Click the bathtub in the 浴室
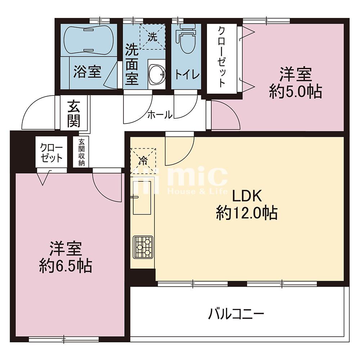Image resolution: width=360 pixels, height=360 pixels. [89, 40]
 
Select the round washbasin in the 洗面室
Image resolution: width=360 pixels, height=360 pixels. [157, 74]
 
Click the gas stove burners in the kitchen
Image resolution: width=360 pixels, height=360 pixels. [143, 247]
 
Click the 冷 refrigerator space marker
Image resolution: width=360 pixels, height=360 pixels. [143, 161]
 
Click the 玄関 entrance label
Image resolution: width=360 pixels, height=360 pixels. [74, 113]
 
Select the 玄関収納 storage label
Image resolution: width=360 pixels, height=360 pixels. [81, 152]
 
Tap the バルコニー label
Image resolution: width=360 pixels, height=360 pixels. [236, 314]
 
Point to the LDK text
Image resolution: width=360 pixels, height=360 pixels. [247, 196]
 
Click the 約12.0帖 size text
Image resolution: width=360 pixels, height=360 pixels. [247, 213]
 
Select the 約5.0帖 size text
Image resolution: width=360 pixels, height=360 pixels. [296, 91]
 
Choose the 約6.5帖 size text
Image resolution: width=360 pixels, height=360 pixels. [66, 266]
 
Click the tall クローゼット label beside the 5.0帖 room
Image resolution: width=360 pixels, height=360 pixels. [221, 57]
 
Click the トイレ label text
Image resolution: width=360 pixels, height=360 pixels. [187, 74]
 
